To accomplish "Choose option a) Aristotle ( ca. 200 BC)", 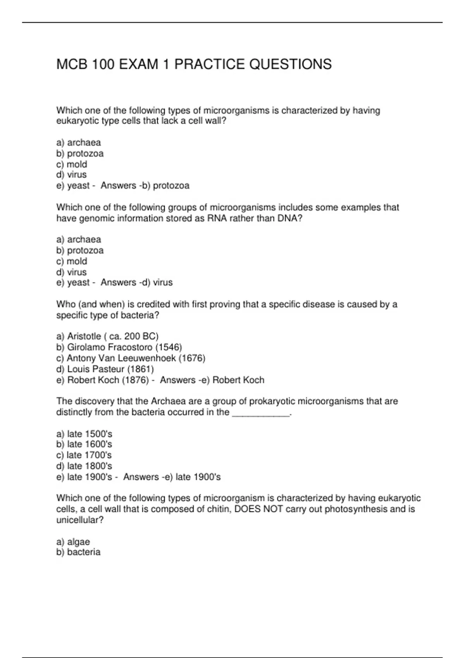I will click(x=107, y=336).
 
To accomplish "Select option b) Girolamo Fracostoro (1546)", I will click(x=119, y=347).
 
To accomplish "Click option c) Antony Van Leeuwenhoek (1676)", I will click(x=131, y=358).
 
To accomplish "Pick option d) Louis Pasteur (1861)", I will click(x=105, y=369).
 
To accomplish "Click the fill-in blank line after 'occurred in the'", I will click(x=260, y=413).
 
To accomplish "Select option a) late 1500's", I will click(x=84, y=434).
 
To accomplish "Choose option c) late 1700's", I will click(x=84, y=455).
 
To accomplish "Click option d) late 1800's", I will click(x=84, y=466).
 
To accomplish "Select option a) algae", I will click(x=73, y=542).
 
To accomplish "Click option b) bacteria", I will click(x=78, y=552).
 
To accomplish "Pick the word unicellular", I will click(x=80, y=520).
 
